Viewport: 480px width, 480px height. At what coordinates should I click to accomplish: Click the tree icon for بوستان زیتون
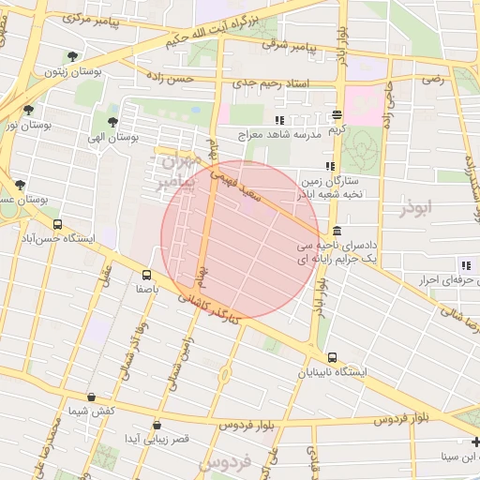pos(74,56)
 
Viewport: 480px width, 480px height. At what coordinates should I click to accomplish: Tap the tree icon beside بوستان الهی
pos(113,122)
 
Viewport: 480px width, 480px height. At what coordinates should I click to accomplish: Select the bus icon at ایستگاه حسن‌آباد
pos(58,225)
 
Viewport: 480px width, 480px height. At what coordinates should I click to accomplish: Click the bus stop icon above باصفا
pos(146,276)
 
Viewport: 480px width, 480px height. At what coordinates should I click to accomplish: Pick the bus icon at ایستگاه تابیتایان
pos(333,357)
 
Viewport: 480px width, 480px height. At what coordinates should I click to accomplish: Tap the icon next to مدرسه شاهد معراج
pos(278,120)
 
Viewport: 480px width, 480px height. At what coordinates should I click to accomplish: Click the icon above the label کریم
pos(337,114)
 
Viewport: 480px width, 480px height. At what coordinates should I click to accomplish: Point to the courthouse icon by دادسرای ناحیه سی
pos(337,232)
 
